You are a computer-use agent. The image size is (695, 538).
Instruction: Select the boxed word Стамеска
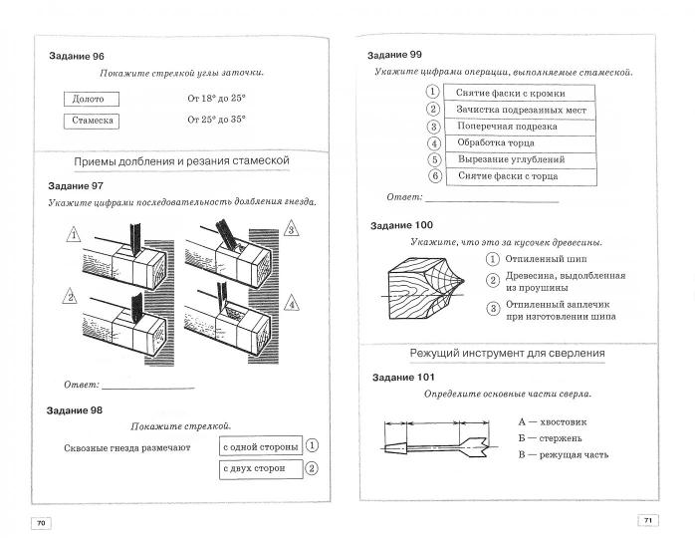(x=91, y=121)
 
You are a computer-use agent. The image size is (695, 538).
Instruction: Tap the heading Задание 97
(x=76, y=186)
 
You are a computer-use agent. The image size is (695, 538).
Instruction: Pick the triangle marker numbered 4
(x=291, y=302)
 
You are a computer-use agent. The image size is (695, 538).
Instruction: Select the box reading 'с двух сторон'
(x=256, y=468)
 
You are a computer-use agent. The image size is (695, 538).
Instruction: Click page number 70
(x=41, y=523)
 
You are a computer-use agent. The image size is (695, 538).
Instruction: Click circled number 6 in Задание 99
(x=434, y=176)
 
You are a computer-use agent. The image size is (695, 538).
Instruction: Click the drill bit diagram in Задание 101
(x=436, y=445)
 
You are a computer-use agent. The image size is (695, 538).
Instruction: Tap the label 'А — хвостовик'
(x=553, y=421)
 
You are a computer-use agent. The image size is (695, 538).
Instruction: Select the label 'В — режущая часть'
(x=563, y=455)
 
